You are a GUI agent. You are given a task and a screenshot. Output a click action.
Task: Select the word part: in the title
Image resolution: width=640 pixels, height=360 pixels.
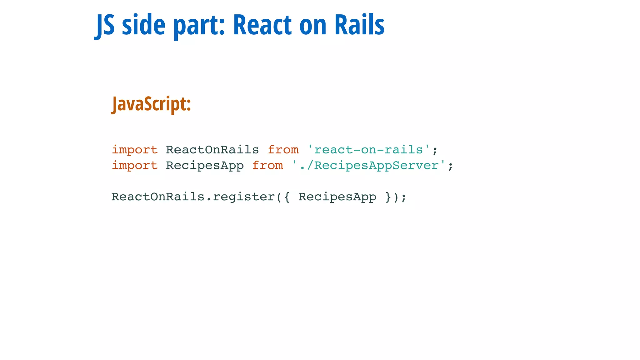199,26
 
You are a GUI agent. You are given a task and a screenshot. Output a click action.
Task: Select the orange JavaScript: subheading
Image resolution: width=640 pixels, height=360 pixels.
152,104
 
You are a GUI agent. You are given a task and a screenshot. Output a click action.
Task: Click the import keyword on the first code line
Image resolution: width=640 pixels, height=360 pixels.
135,150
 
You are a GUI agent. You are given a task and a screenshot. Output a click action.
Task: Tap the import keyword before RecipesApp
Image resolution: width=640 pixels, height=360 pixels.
135,166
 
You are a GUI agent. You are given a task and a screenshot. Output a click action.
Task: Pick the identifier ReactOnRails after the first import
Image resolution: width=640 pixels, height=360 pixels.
212,150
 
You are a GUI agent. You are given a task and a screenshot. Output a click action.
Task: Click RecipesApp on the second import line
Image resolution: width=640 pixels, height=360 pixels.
205,166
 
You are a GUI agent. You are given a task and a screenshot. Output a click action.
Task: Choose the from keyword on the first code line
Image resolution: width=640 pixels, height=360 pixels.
283,150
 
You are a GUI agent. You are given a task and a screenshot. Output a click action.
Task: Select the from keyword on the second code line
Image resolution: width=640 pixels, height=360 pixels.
267,166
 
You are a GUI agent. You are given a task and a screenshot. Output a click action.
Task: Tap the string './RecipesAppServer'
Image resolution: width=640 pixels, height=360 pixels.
368,166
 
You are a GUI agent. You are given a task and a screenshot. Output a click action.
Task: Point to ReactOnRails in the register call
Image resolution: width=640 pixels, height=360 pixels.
158,197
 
